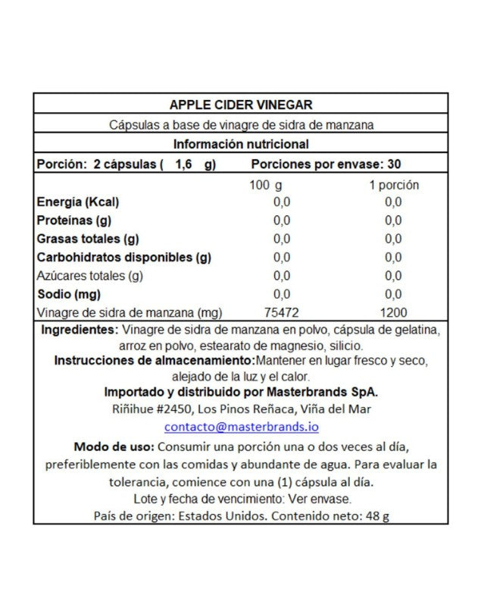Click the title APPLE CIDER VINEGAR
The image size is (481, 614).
(x=240, y=105)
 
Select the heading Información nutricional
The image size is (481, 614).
(x=240, y=144)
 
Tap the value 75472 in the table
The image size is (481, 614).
(x=282, y=312)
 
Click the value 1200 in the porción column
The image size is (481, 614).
(x=393, y=312)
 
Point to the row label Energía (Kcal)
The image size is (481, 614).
(x=78, y=202)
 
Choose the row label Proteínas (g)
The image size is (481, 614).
(x=75, y=221)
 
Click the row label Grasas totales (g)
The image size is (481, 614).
(x=86, y=239)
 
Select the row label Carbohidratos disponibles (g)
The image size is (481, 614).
(x=124, y=257)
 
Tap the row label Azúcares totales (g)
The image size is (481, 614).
(x=90, y=276)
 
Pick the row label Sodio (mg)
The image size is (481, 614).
(x=68, y=294)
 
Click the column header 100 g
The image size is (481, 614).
(x=266, y=184)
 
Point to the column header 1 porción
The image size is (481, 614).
(x=393, y=184)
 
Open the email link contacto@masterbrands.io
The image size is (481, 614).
(x=240, y=427)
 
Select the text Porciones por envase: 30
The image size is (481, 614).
(x=326, y=164)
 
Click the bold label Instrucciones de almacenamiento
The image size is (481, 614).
(x=154, y=360)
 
